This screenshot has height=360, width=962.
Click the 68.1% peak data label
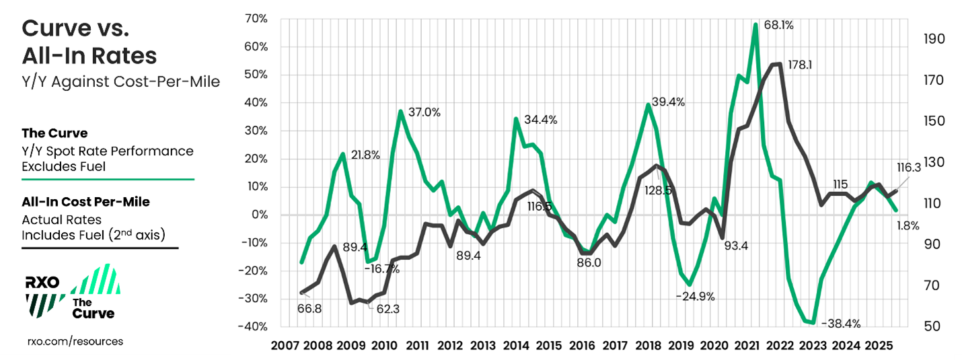(779, 26)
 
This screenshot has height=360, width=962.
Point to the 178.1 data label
(801, 66)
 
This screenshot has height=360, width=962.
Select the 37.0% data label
(424, 112)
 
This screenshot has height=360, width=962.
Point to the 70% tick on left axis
(256, 18)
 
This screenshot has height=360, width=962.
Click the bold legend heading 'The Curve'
(54, 133)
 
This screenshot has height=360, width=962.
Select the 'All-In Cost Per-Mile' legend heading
(85, 202)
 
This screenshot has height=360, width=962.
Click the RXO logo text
(42, 283)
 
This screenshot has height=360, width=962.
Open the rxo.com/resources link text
(75, 341)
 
